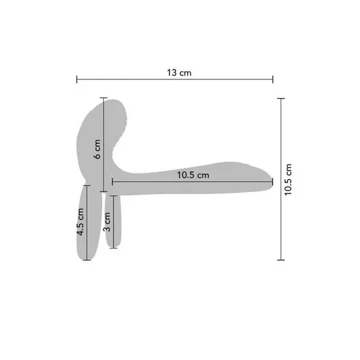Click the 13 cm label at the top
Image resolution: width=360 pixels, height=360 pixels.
click(x=179, y=73)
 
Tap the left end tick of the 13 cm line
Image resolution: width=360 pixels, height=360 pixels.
click(x=77, y=79)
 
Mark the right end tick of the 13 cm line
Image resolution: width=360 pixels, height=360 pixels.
click(x=273, y=79)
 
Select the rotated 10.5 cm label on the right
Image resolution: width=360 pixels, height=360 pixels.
click(x=288, y=179)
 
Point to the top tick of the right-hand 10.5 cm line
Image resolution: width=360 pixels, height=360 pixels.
click(x=281, y=98)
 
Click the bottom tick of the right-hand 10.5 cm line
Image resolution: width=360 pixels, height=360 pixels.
click(x=281, y=260)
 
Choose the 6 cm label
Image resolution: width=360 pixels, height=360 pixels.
click(x=97, y=149)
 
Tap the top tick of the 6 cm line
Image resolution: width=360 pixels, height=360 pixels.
click(x=103, y=98)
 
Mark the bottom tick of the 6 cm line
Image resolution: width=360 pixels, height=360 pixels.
click(x=103, y=191)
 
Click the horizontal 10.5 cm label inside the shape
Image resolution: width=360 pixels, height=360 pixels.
click(x=193, y=175)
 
